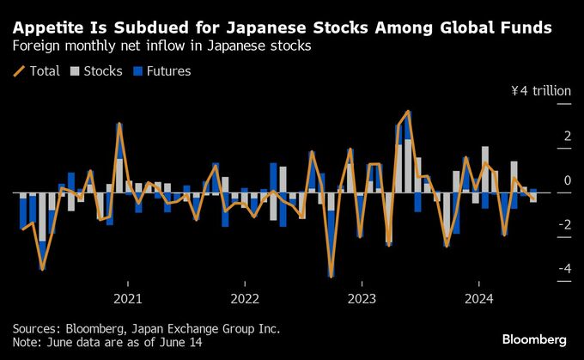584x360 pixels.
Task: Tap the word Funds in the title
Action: [x=526, y=27]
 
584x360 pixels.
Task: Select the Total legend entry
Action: [x=44, y=70]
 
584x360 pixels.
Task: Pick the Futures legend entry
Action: [x=168, y=70]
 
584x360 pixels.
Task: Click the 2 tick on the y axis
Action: [x=564, y=136]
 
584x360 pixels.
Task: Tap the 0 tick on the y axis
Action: [x=564, y=180]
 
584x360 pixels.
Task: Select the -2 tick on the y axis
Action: [x=562, y=225]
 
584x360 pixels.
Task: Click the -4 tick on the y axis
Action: [x=562, y=270]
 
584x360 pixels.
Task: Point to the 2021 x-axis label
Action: [x=128, y=300]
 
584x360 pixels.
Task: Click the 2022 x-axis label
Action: [x=245, y=300]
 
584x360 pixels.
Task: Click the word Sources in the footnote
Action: [x=36, y=329]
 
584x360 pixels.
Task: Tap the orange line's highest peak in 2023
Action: [x=408, y=112]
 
